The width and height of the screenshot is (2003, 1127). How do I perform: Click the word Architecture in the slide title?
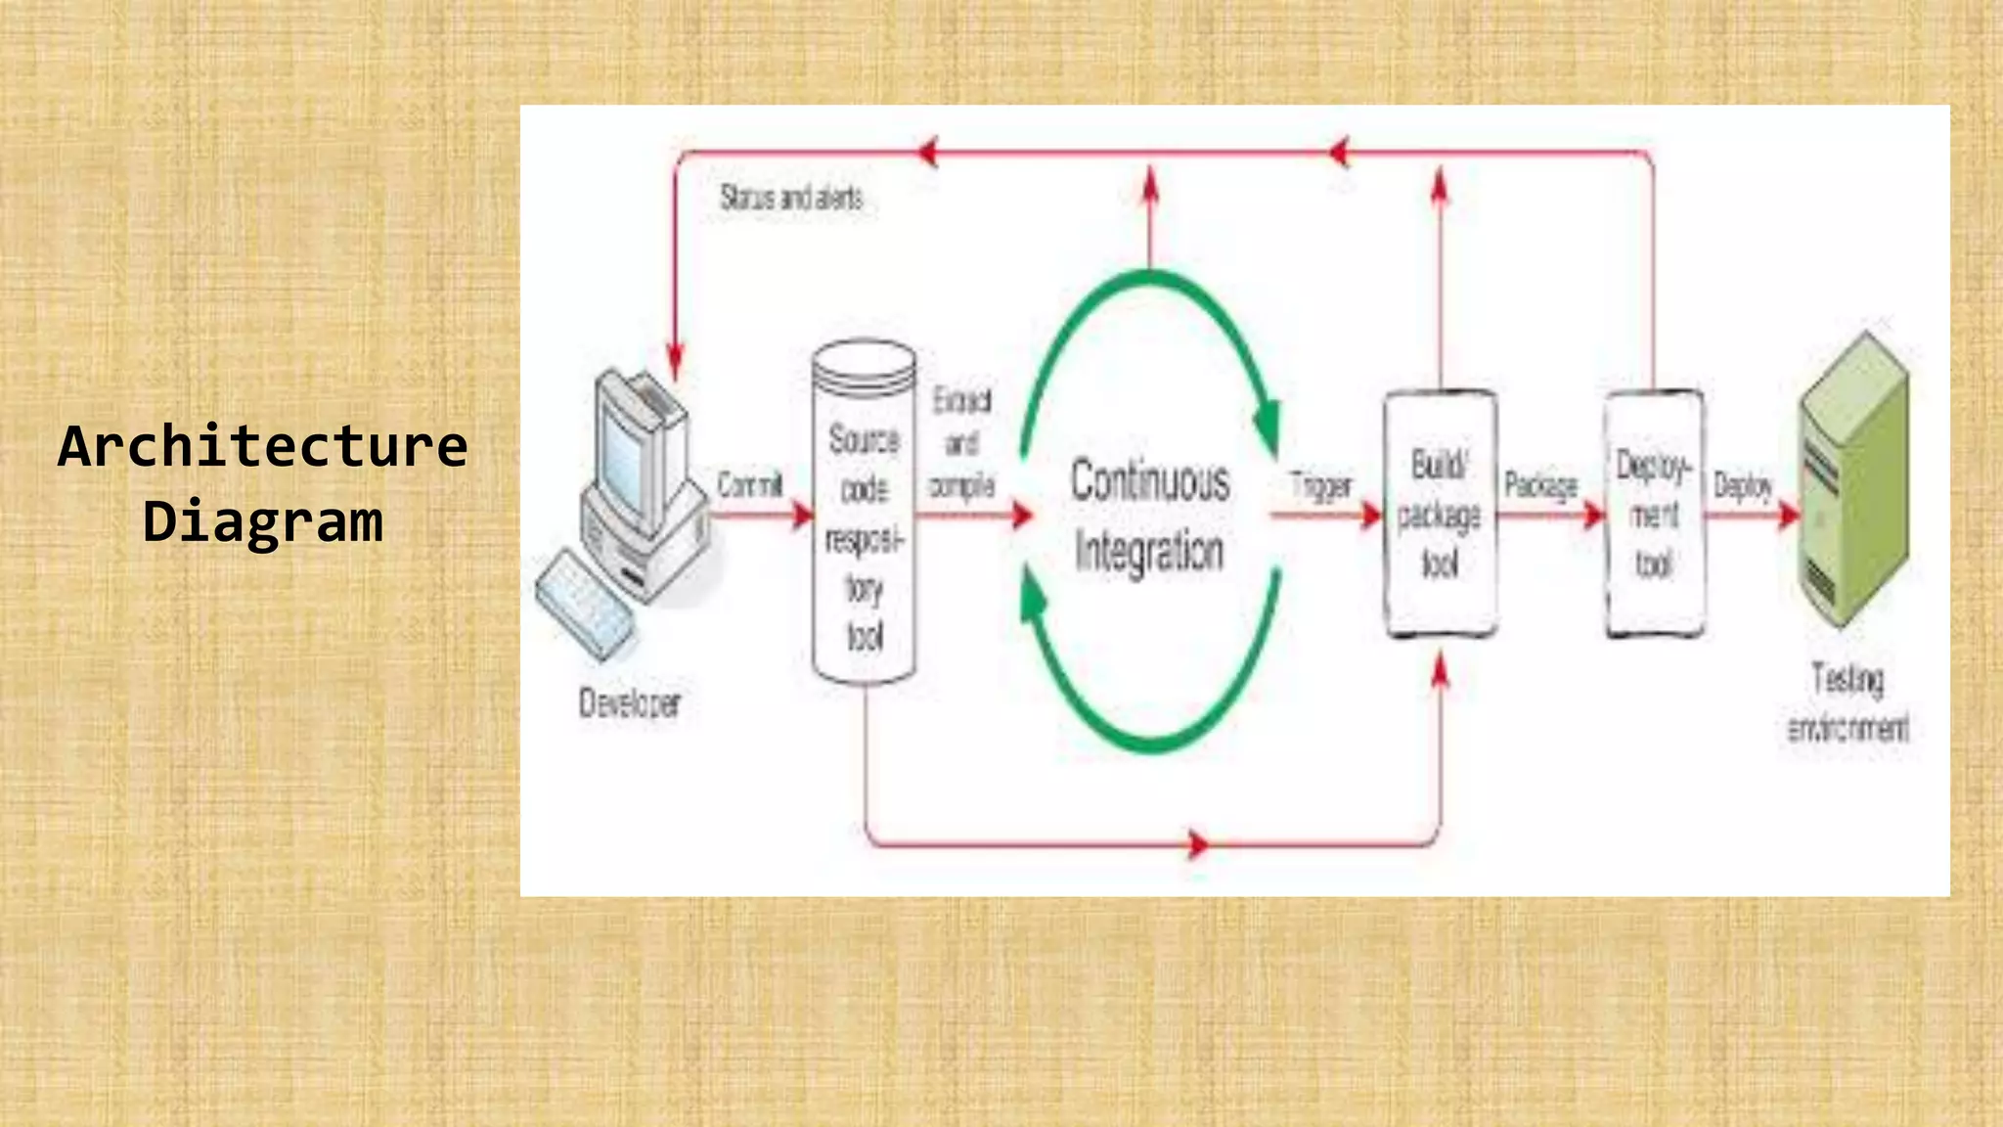[263, 446]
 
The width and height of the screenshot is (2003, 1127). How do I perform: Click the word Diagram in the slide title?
[263, 520]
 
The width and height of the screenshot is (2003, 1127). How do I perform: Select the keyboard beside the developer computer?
[584, 603]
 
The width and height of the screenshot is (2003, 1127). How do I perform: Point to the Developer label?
[630, 702]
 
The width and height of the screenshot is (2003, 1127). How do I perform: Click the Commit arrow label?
[749, 484]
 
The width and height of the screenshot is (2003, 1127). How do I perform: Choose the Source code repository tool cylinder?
[865, 514]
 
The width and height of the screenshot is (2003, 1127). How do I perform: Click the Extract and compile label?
[961, 443]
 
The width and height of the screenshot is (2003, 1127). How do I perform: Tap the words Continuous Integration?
[1149, 515]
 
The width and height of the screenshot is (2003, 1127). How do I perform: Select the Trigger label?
[1320, 485]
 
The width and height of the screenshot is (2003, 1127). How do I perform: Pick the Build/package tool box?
[1440, 514]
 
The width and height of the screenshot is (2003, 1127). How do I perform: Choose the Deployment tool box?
[1654, 514]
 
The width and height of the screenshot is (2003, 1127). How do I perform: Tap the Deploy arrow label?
[1743, 485]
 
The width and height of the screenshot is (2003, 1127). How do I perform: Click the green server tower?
[1854, 479]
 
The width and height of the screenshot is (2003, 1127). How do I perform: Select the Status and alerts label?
[791, 198]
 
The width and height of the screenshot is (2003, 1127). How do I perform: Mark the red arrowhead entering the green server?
[1790, 515]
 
